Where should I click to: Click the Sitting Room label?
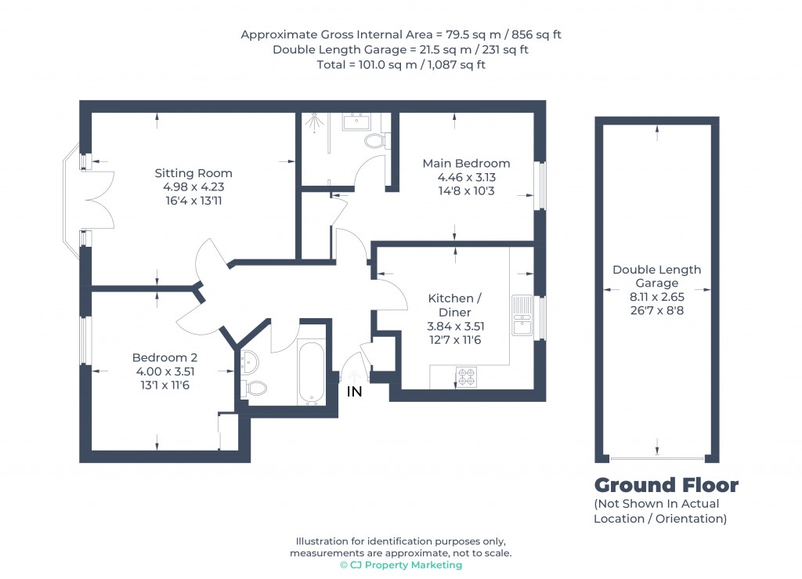tap(193, 173)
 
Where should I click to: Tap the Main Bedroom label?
tap(466, 164)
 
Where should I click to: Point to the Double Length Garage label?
tap(656, 276)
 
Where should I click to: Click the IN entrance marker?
tap(355, 392)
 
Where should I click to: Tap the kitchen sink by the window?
tap(522, 316)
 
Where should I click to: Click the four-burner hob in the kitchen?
tap(466, 377)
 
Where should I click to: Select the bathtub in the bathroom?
tap(312, 373)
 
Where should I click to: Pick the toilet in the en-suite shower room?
tap(376, 141)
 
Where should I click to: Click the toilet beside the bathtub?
tap(255, 387)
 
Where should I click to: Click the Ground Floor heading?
tap(666, 485)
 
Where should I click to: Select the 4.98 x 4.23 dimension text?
tap(193, 187)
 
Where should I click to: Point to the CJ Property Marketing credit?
tap(400, 565)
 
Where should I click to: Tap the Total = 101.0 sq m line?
tap(400, 65)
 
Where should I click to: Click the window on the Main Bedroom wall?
tap(539, 186)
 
